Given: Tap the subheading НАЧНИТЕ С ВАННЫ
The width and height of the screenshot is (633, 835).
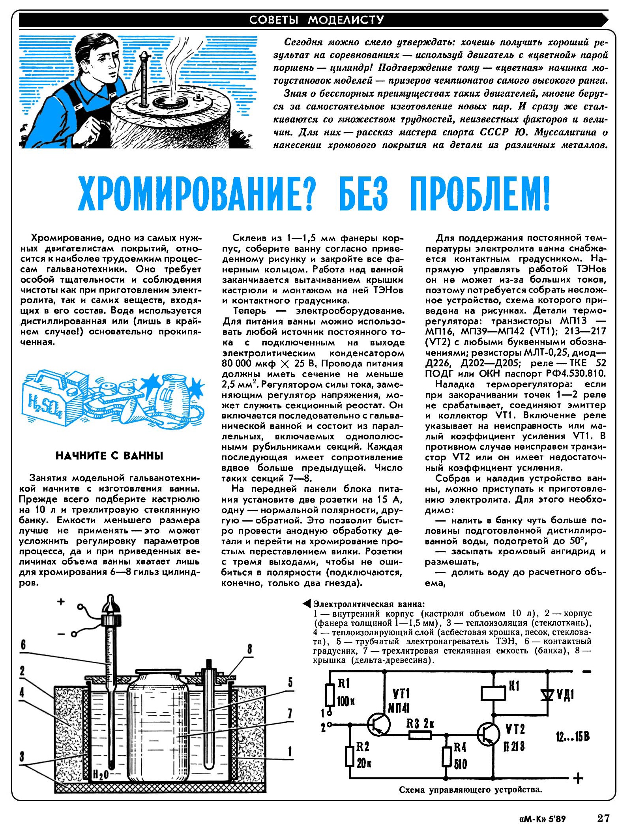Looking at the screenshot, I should point(109,456).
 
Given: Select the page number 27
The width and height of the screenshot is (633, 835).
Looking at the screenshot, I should point(603,818).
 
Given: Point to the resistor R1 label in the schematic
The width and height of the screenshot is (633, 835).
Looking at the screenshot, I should point(344,683).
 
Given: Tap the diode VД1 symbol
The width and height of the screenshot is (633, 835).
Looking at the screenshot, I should point(547,694).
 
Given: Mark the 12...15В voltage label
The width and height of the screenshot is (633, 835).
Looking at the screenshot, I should point(573,736).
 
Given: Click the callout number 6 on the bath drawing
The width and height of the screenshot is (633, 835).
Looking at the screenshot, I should point(23,645).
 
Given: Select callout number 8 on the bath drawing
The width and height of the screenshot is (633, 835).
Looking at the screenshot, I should point(250,649).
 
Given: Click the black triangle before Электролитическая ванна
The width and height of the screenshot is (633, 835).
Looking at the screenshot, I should point(306,604).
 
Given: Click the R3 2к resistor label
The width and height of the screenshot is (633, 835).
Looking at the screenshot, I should point(420,724).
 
